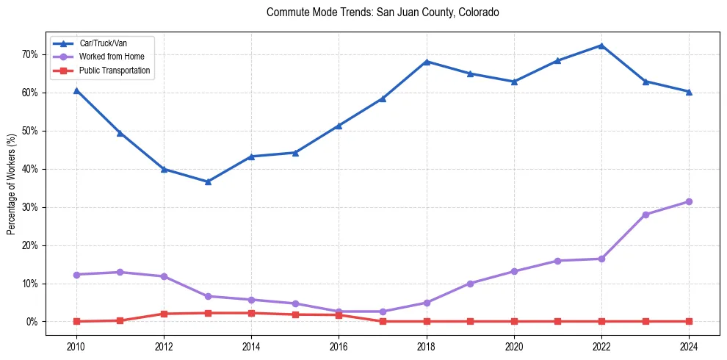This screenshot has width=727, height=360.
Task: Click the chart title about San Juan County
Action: click(383, 12)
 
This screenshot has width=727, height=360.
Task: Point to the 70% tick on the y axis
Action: click(31, 54)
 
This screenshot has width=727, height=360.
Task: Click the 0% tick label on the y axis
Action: click(33, 322)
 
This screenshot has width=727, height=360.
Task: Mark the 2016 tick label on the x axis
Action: click(339, 346)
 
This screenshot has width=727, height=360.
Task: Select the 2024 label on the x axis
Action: click(689, 346)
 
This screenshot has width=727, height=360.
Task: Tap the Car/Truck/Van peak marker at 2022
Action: click(601, 46)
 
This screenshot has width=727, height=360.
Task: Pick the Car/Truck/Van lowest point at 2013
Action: click(208, 181)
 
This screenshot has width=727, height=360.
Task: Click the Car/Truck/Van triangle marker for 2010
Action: click(76, 90)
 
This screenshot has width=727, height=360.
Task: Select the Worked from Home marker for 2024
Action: click(689, 201)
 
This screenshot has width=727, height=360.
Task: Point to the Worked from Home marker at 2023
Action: click(645, 215)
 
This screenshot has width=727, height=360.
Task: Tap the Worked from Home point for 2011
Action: click(120, 273)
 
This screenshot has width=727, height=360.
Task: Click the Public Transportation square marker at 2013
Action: click(208, 313)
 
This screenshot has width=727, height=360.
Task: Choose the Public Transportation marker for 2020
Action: click(514, 321)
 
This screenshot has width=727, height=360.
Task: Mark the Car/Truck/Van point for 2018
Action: click(427, 62)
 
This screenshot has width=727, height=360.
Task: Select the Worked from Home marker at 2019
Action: click(470, 283)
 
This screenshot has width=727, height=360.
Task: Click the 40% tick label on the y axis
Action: click(31, 169)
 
